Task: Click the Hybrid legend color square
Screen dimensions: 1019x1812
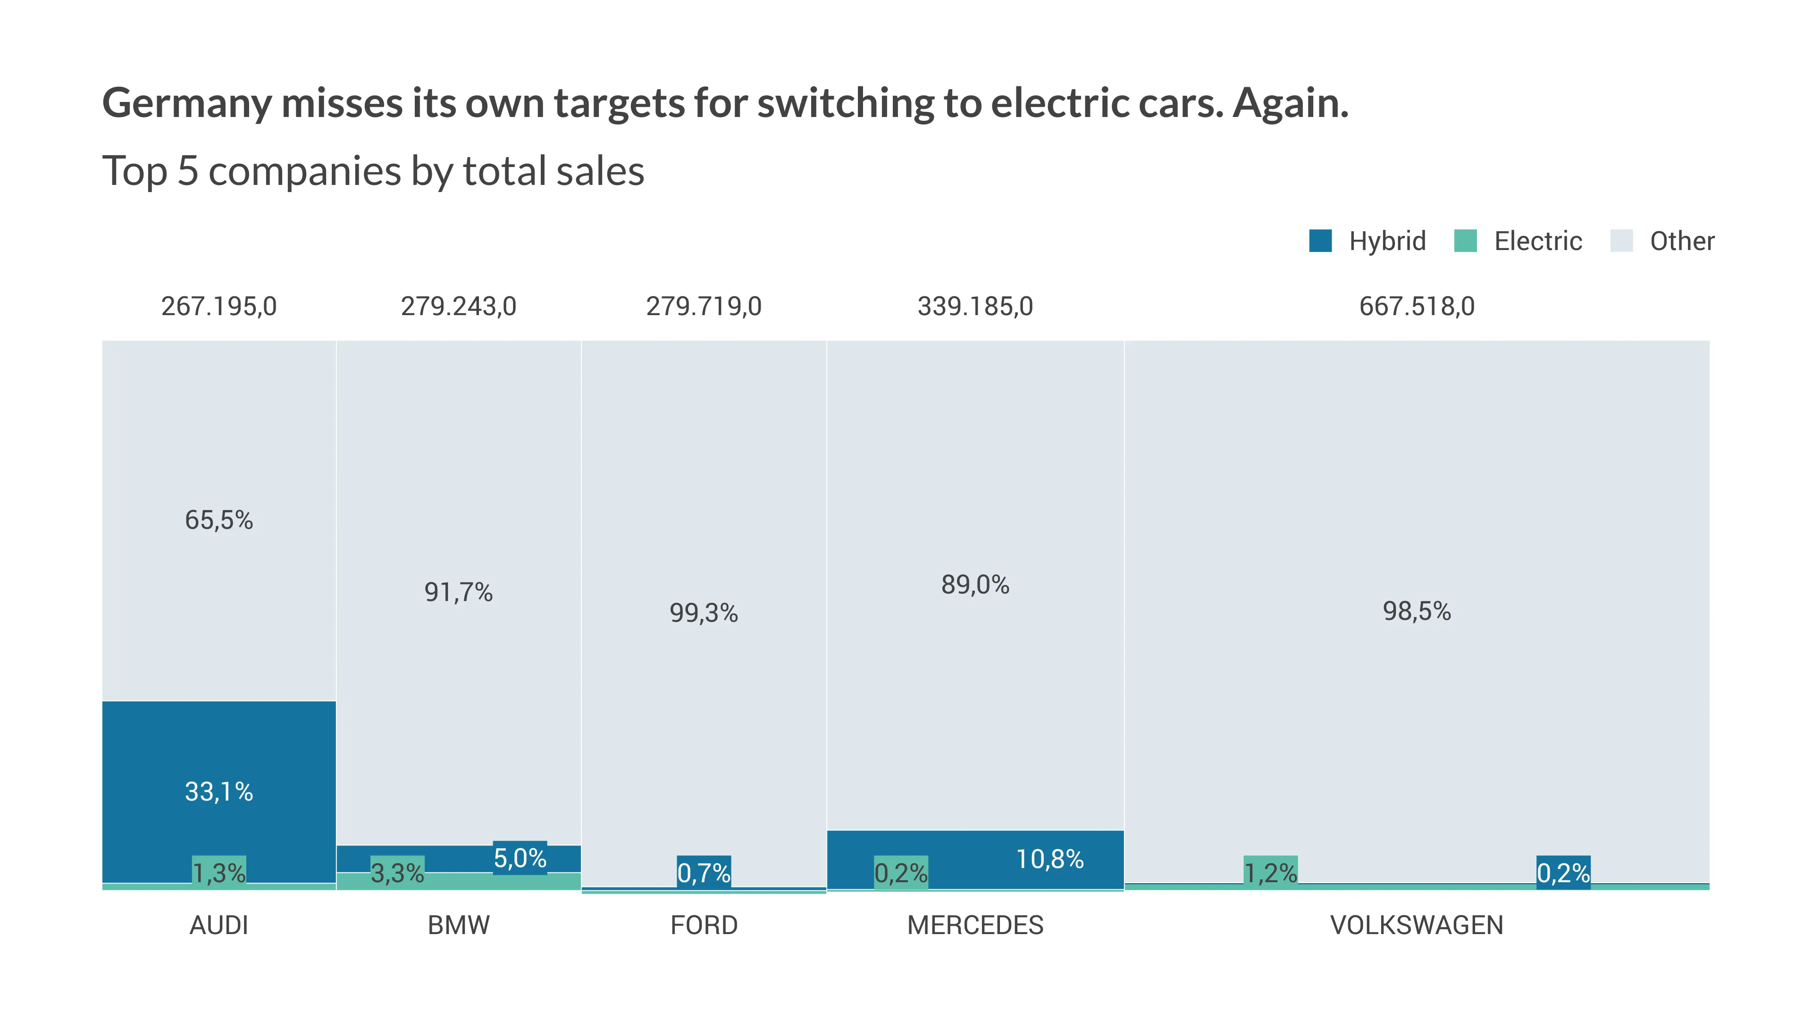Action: click(1320, 241)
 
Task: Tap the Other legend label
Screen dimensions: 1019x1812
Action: click(1681, 241)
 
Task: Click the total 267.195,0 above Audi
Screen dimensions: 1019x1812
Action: click(219, 307)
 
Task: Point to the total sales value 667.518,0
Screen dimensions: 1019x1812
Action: click(1416, 307)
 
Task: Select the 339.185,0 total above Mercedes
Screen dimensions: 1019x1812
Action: click(975, 307)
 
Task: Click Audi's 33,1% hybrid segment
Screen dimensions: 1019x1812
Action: click(219, 792)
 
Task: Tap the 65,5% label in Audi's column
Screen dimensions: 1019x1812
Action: click(219, 520)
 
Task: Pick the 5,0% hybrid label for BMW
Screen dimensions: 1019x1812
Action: click(520, 858)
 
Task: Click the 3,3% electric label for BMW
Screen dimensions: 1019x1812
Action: click(397, 873)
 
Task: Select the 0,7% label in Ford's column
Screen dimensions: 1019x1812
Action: click(704, 873)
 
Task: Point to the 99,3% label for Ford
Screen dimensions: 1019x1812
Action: click(704, 613)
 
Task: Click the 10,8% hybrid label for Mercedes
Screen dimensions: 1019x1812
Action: click(1049, 859)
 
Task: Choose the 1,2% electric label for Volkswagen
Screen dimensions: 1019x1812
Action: click(1270, 873)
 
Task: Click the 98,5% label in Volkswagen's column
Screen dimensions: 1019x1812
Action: click(1416, 611)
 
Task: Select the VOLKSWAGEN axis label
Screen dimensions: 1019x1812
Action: click(1416, 925)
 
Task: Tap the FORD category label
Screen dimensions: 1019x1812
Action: click(704, 925)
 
